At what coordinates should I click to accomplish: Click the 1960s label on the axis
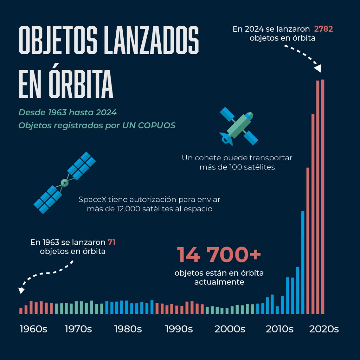point(33,329)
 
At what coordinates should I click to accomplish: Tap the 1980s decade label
point(128,329)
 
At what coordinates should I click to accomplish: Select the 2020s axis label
point(324,329)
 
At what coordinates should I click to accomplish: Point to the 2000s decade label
point(230,329)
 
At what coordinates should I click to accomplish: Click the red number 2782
point(323,29)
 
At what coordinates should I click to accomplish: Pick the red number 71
point(112,242)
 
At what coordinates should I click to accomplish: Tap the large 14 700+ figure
point(219,255)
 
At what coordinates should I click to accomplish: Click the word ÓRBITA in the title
point(81,84)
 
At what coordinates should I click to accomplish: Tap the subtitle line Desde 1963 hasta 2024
point(67,112)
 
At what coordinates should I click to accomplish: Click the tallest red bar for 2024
point(323,197)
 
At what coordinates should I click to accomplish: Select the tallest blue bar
point(303,262)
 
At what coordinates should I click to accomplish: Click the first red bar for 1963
point(21,311)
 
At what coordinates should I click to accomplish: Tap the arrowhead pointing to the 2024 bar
point(318,68)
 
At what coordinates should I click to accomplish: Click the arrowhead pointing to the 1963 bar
point(21,290)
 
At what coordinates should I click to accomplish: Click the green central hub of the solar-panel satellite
point(64,183)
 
